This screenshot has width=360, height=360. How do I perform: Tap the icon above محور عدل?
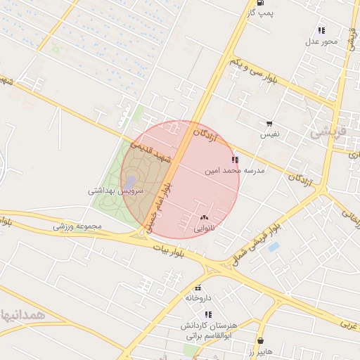click(321, 30)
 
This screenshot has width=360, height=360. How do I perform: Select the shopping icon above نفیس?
click(269, 124)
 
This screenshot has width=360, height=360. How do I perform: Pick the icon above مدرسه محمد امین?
click(234, 160)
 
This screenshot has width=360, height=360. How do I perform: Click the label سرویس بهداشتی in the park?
click(115, 191)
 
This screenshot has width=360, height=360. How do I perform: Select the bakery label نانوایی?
click(204, 229)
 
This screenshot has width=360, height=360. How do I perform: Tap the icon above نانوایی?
click(205, 218)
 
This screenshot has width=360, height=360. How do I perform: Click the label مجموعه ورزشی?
click(79, 226)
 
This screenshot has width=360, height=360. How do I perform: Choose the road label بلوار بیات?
click(172, 251)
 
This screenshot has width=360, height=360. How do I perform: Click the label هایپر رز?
click(260, 350)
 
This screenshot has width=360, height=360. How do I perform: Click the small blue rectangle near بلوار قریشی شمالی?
click(274, 247)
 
